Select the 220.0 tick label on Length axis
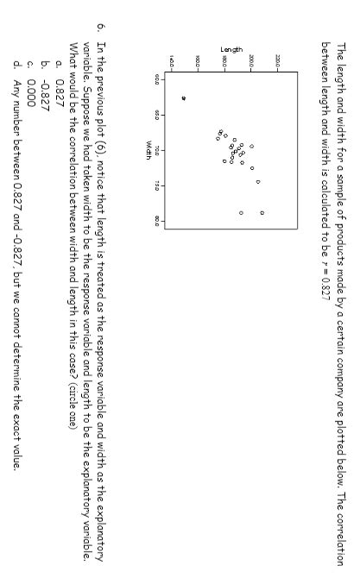277,60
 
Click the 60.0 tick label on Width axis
157,79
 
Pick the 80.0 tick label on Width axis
157,222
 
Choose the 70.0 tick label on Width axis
157,150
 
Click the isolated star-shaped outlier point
183,98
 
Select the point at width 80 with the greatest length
262,212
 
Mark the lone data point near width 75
257,182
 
